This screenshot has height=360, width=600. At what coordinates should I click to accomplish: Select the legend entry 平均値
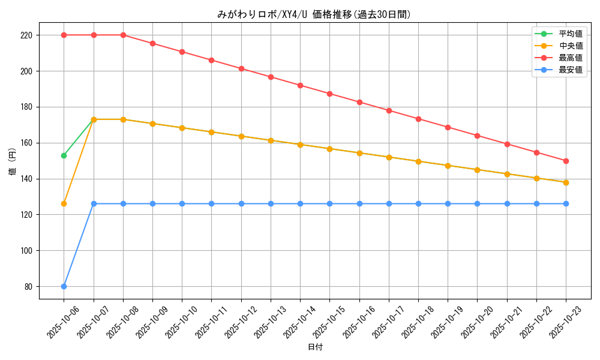click(570, 34)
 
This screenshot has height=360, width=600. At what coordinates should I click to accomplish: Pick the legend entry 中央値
click(570, 46)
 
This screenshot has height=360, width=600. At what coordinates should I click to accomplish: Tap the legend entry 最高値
click(570, 58)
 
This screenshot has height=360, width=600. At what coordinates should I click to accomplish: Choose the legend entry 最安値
click(570, 70)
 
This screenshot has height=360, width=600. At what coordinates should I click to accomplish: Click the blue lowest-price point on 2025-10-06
click(64, 286)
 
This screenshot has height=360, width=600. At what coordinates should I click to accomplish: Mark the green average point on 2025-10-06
click(64, 155)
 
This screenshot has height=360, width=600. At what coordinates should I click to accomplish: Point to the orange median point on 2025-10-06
click(64, 203)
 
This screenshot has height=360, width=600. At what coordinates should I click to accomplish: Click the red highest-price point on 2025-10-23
click(566, 161)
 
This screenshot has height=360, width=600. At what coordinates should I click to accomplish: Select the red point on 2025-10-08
click(123, 35)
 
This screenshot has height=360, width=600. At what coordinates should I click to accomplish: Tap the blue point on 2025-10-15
click(329, 203)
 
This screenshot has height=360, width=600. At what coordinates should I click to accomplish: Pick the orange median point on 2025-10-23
click(566, 182)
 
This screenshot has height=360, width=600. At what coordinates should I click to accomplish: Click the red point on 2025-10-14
click(300, 85)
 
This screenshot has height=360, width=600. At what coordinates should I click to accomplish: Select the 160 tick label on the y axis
click(28, 143)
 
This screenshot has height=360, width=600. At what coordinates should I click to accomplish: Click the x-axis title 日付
click(315, 347)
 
